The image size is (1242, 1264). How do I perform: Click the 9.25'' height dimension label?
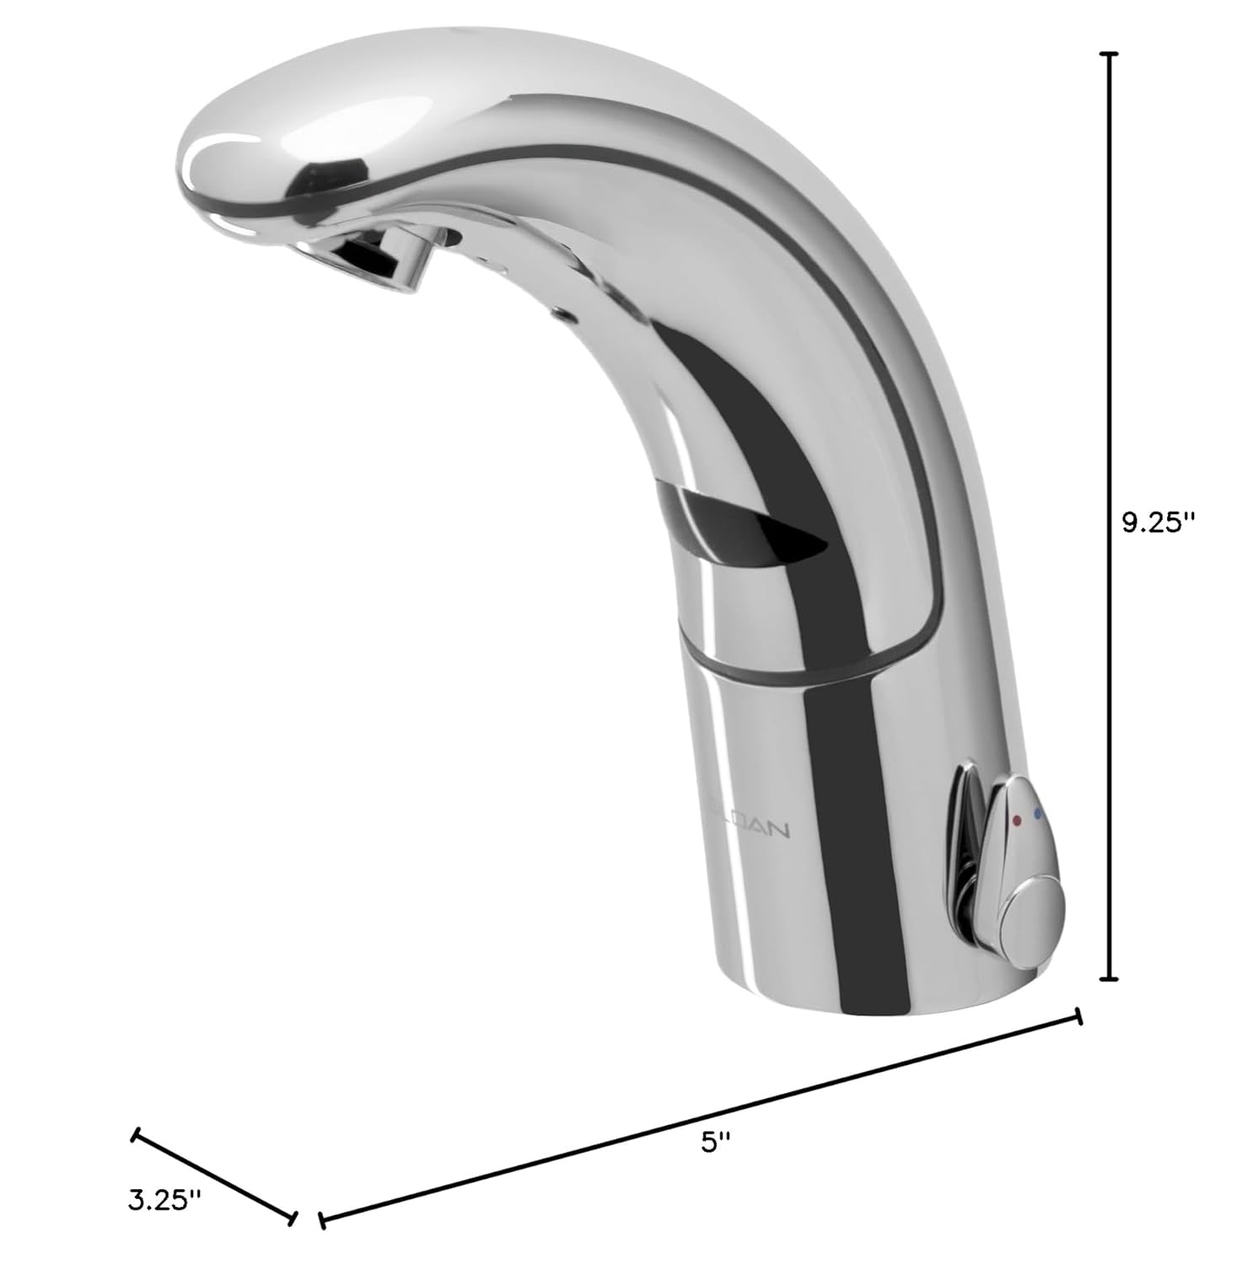[x=1159, y=523]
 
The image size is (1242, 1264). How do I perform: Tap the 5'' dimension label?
[x=715, y=1142]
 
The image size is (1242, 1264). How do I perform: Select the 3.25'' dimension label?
[x=165, y=1200]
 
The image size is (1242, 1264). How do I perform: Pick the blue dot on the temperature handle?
[x=1038, y=814]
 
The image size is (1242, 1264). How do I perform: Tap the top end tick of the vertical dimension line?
[x=1110, y=53]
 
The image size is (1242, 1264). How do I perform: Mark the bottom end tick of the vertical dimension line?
[x=1110, y=979]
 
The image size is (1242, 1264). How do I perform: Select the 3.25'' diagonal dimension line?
[x=214, y=1176]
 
